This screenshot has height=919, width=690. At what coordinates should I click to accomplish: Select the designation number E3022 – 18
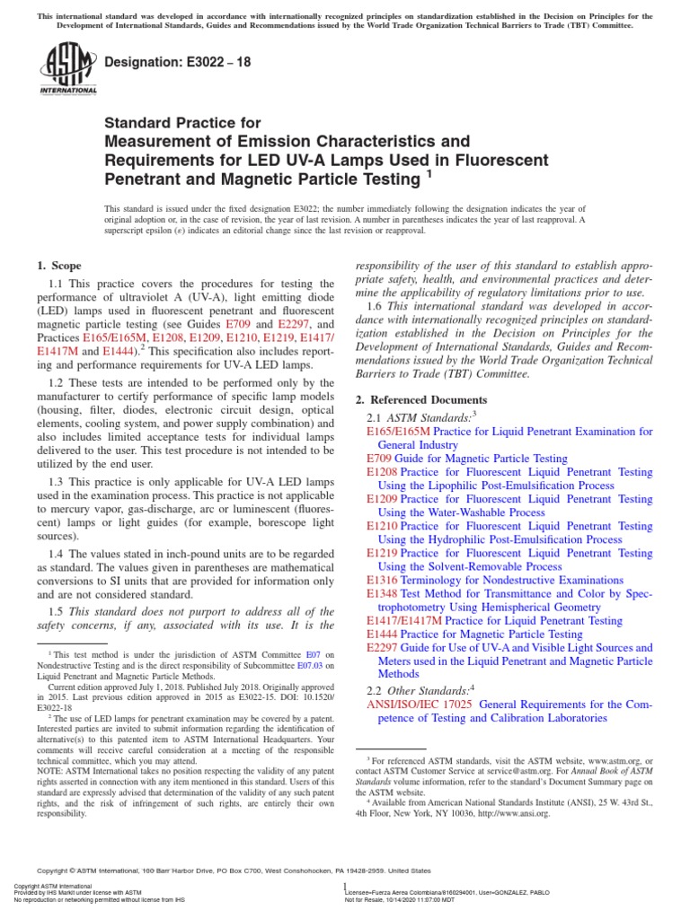point(211,63)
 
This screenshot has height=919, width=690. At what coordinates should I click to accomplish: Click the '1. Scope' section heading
point(58,266)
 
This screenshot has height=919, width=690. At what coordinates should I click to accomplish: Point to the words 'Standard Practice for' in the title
point(183,123)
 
